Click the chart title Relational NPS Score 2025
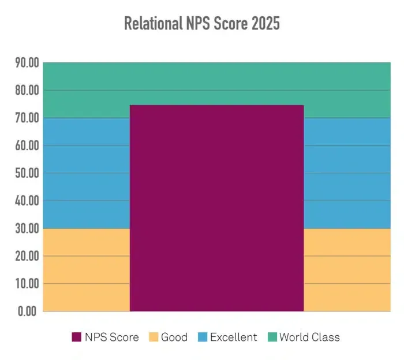202,24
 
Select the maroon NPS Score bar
216,208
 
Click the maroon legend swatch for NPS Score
77,337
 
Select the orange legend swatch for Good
154,337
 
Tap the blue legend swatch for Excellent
202,337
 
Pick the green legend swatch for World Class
271,337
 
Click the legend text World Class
309,337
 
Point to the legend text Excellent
233,337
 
